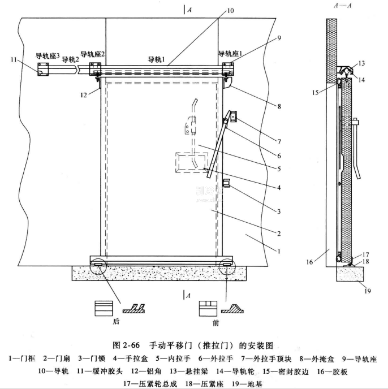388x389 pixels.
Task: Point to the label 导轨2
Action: pos(71,59)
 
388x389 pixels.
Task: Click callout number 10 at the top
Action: pos(229,10)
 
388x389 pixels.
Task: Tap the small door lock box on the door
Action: pos(226,184)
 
